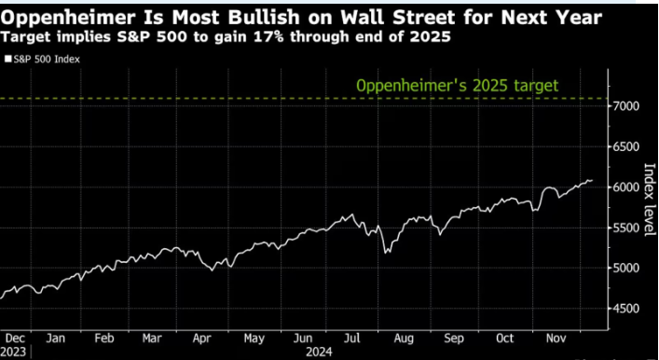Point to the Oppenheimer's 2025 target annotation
click(457, 86)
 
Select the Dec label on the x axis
click(16, 338)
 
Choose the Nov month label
click(556, 338)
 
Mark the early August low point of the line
click(386, 252)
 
